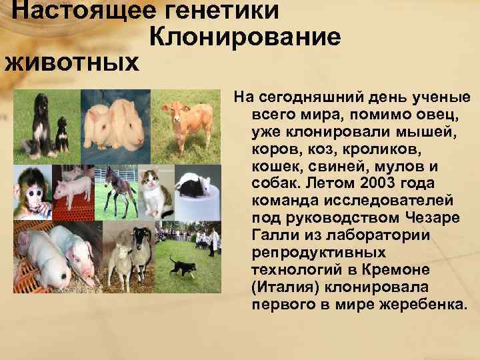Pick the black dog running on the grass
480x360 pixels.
click(183, 267)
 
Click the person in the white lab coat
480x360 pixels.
click(213, 239)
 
